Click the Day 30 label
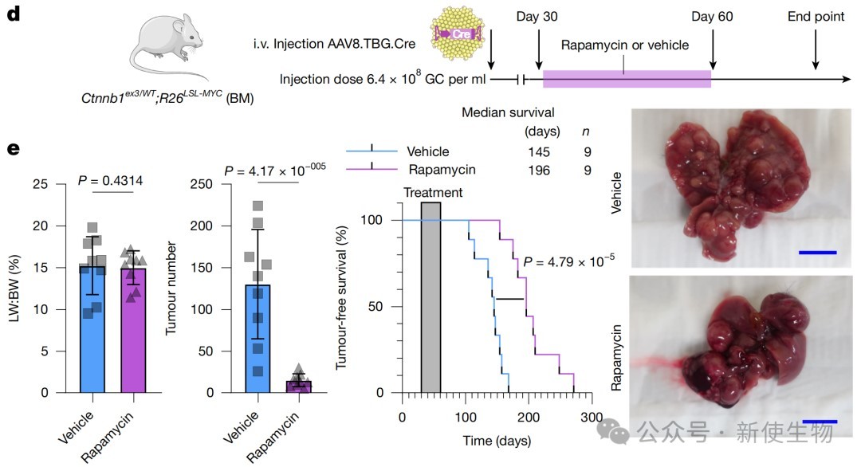(538, 18)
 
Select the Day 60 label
(712, 18)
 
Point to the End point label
(816, 18)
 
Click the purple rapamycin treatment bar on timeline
(626, 79)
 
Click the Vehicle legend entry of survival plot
(427, 151)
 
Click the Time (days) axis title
(497, 441)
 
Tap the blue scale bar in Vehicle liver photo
(817, 252)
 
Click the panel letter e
(13, 149)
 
